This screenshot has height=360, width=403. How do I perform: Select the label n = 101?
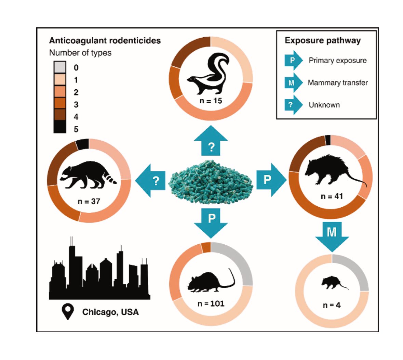(211, 303)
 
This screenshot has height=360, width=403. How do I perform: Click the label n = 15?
(211, 101)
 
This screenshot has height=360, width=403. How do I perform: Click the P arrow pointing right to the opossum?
(270, 179)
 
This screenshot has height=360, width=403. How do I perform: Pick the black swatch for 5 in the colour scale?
(60, 127)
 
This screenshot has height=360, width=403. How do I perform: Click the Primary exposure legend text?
(337, 61)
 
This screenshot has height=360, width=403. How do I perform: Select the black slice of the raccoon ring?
(82, 144)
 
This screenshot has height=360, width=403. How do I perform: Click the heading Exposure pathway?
(322, 40)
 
